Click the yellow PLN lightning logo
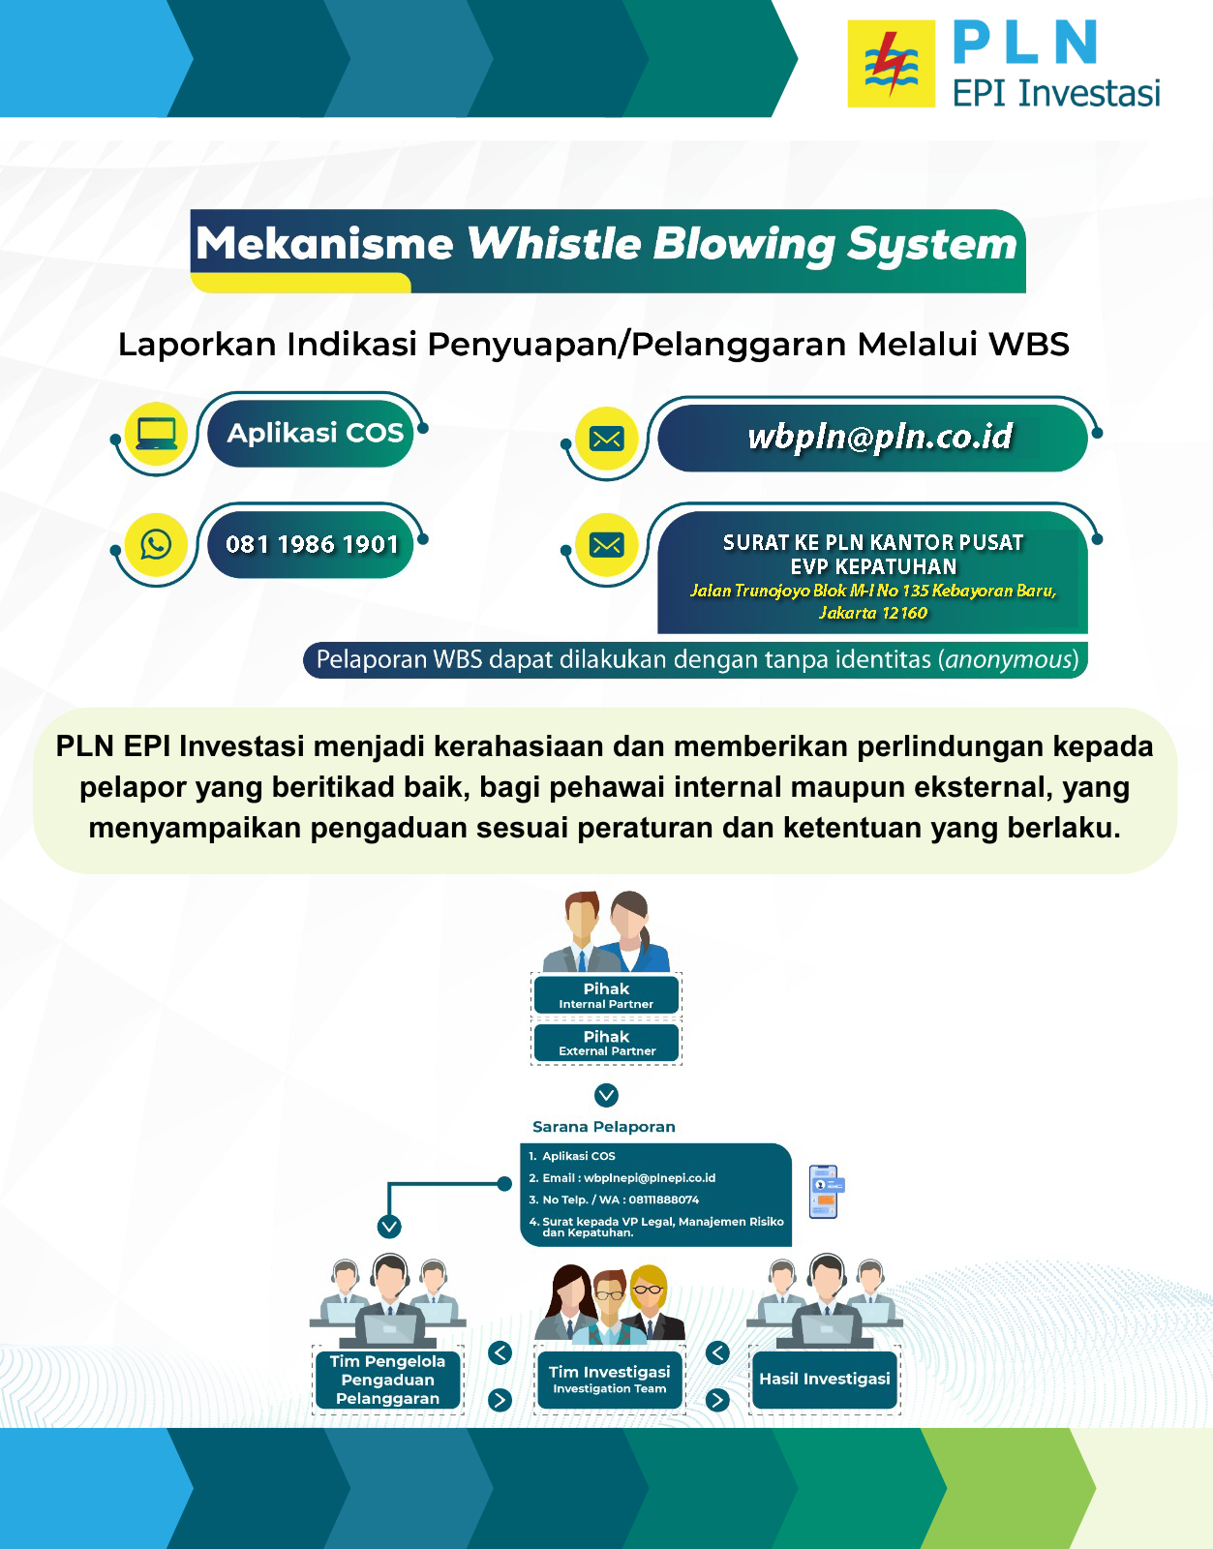[x=891, y=64]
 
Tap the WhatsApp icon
[x=156, y=543]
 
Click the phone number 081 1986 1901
[x=312, y=544]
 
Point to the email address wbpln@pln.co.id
[x=880, y=437]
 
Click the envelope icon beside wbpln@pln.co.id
[x=606, y=439]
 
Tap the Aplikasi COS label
[x=315, y=433]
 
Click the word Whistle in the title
[x=554, y=244]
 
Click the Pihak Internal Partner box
[x=606, y=995]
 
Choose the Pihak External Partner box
[x=606, y=1043]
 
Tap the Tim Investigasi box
[x=609, y=1379]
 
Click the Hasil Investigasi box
[x=825, y=1379]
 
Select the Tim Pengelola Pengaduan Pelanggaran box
[x=387, y=1380]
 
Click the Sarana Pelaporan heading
[x=604, y=1127]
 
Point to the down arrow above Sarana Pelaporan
[x=606, y=1095]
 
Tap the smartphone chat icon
[x=825, y=1192]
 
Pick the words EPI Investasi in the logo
[x=1055, y=93]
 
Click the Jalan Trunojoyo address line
[x=872, y=591]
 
